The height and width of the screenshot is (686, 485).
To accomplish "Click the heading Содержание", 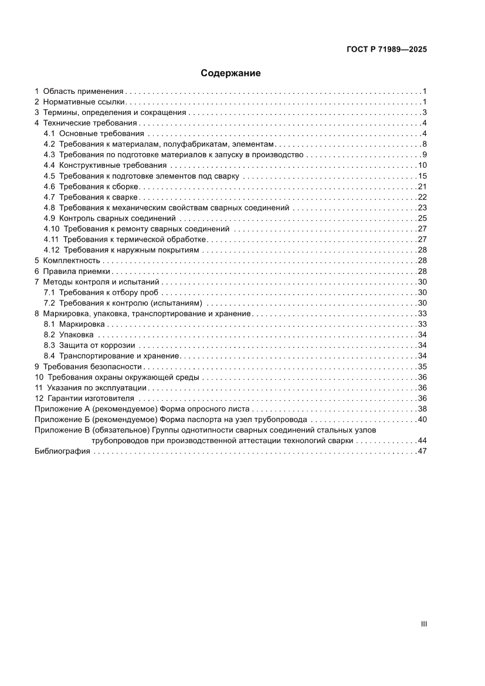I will (230, 73).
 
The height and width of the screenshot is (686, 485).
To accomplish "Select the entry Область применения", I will (83, 91).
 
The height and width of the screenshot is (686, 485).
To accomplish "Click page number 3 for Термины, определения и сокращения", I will (424, 112).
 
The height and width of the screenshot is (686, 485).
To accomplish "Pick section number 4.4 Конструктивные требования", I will (49, 165).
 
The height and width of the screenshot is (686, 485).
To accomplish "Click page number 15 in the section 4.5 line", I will (422, 176).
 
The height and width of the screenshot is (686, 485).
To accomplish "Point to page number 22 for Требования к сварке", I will (422, 197).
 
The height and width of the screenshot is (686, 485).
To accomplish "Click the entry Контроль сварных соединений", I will (118, 218).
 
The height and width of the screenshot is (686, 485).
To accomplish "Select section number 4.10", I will (52, 229).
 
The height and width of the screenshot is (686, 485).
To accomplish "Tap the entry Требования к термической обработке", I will (134, 239).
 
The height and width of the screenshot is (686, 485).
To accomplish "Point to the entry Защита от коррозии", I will (97, 345).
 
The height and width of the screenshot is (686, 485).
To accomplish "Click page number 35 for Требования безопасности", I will (422, 366).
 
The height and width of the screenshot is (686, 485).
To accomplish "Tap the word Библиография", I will (62, 451).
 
